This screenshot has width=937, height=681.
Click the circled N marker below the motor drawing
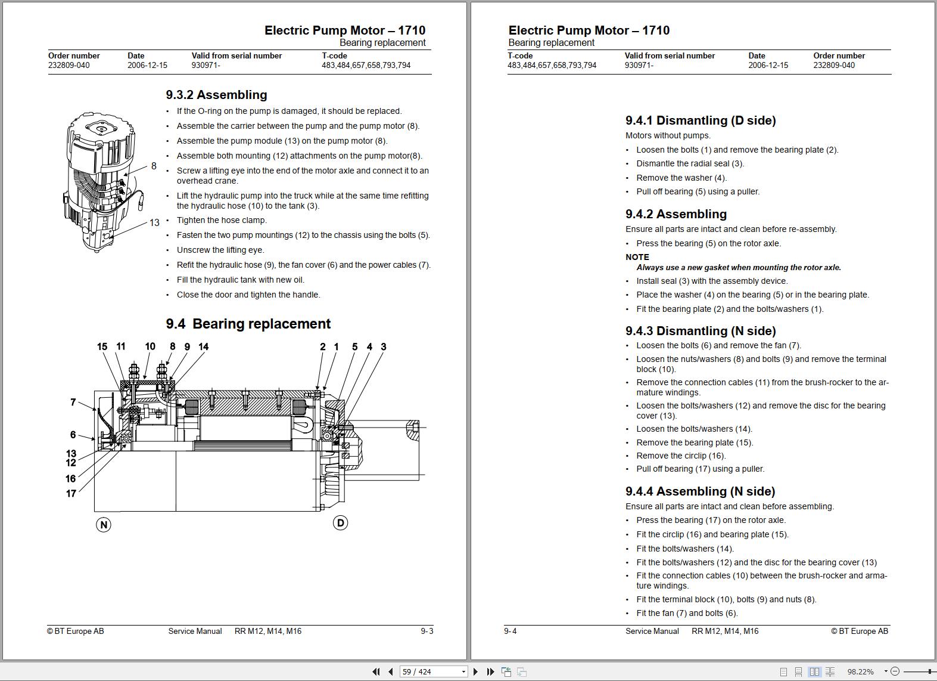coord(104,525)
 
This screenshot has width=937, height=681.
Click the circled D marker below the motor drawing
coord(340,523)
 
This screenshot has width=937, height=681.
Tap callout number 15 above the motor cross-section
coord(102,346)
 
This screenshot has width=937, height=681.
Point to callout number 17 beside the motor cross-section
coord(71,494)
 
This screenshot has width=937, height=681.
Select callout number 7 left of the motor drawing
coord(73,403)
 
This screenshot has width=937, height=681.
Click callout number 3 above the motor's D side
coord(383,346)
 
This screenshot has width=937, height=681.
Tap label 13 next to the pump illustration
coord(154,222)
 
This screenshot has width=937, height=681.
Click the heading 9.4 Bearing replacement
coord(248,324)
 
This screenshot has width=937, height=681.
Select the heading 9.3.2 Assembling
coord(216,95)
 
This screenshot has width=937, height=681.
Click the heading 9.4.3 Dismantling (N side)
coord(701,331)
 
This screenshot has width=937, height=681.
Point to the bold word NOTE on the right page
coord(637,257)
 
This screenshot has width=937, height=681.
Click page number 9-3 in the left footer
coord(427,631)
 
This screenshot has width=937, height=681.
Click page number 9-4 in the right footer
coord(510,631)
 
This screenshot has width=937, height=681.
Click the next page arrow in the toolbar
coord(475,671)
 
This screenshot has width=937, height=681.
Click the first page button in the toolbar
coord(376,671)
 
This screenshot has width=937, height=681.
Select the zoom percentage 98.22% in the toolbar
coord(860,671)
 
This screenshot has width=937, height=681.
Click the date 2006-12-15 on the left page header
coord(147,65)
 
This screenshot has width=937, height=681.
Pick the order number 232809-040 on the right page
coord(834,65)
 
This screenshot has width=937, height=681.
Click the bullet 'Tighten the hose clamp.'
coord(222,220)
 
